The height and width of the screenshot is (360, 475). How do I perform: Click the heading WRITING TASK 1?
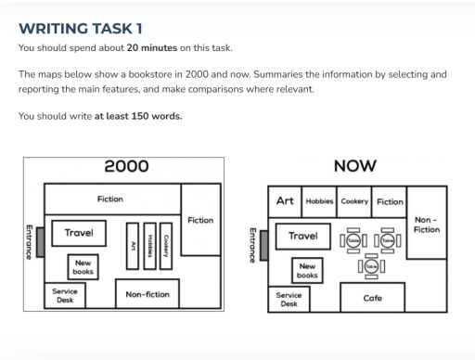[81, 28]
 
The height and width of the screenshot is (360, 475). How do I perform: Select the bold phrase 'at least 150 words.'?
[138, 116]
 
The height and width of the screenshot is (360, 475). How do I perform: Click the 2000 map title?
[125, 167]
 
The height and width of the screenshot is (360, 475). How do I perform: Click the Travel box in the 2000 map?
[78, 233]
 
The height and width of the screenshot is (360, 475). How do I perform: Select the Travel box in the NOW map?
[302, 236]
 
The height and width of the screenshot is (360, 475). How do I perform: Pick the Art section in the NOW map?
[285, 201]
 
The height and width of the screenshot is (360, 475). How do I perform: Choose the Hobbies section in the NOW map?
[319, 201]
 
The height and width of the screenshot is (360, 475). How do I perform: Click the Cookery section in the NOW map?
[354, 201]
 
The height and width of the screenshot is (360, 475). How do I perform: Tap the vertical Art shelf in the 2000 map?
[133, 245]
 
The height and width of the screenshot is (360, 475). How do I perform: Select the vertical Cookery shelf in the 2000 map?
[164, 245]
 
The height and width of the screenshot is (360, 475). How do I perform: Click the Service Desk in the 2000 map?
[65, 295]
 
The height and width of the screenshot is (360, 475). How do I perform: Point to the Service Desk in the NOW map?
[288, 299]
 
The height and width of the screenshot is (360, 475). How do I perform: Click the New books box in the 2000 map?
[83, 267]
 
